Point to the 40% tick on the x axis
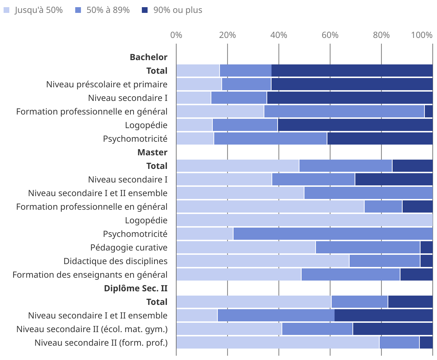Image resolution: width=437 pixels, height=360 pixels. pyautogui.click(x=279, y=35)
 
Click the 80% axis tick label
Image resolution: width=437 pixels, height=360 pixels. pyautogui.click(x=381, y=35)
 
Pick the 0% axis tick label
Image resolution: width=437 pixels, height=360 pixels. pyautogui.click(x=176, y=35)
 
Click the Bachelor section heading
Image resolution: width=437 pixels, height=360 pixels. pyautogui.click(x=149, y=57)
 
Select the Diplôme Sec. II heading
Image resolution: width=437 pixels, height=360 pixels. pyautogui.click(x=136, y=288)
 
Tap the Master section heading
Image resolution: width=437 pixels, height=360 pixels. pyautogui.click(x=152, y=152)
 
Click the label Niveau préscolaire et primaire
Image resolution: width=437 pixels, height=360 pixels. pyautogui.click(x=107, y=84)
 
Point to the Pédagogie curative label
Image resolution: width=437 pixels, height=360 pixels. pyautogui.click(x=129, y=248)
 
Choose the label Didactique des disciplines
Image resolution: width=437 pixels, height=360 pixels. pyautogui.click(x=115, y=261)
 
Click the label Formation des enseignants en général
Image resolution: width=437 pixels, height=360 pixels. pyautogui.click(x=90, y=275)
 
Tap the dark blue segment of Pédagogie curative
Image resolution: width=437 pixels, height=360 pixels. pyautogui.click(x=426, y=248)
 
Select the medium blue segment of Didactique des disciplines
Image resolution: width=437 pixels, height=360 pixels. pyautogui.click(x=384, y=261)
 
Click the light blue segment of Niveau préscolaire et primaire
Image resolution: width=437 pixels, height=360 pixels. pyautogui.click(x=199, y=84)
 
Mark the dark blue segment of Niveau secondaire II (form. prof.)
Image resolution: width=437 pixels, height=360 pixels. pyautogui.click(x=426, y=343)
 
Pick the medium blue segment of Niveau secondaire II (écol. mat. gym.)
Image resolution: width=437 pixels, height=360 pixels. pyautogui.click(x=317, y=329)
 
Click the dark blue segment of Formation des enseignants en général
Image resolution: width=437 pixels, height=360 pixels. pyautogui.click(x=416, y=275)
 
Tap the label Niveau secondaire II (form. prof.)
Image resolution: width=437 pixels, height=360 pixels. pyautogui.click(x=101, y=343)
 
